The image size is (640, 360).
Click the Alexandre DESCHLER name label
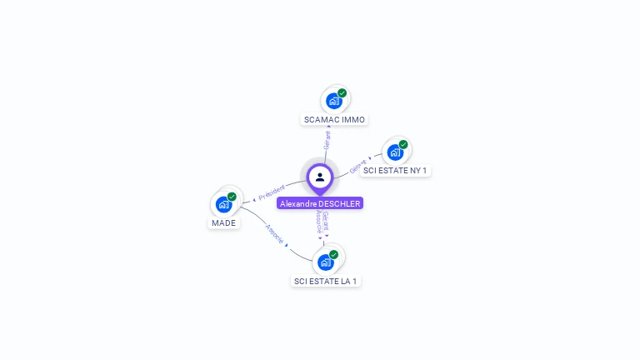coord(320,203)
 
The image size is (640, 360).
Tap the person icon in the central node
coord(320,177)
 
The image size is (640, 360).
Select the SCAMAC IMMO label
coord(334,119)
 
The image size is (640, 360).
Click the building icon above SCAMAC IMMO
coord(333,101)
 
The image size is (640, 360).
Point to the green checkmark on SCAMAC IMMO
coord(342,93)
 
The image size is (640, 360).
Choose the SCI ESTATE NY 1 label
coord(396,171)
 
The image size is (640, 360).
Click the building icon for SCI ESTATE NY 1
coord(395,152)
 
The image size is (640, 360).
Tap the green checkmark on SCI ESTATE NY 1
coord(403,145)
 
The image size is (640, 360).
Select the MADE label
coord(223,222)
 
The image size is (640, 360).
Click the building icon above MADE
coord(223,204)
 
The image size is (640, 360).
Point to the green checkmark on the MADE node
coord(232,197)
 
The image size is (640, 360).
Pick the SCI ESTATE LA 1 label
coord(326,281)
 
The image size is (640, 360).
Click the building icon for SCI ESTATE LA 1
coord(325,262)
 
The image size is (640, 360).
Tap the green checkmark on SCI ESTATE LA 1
coord(333,254)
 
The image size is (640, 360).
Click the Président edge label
coord(272,192)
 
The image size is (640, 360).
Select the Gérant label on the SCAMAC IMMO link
coord(327,140)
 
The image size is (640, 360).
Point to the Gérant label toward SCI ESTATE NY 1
coord(358,167)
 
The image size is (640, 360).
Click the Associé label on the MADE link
coord(274,234)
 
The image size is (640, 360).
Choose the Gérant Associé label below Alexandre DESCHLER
coord(322,222)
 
